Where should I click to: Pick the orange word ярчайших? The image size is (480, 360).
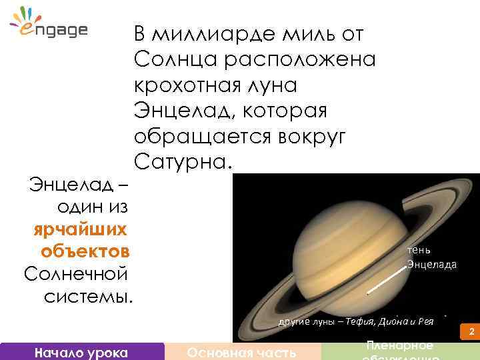coord(81,229)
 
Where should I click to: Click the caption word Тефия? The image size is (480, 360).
coord(361,321)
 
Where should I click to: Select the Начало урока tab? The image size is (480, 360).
coord(82,352)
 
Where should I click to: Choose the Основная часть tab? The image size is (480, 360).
coord(242,352)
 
